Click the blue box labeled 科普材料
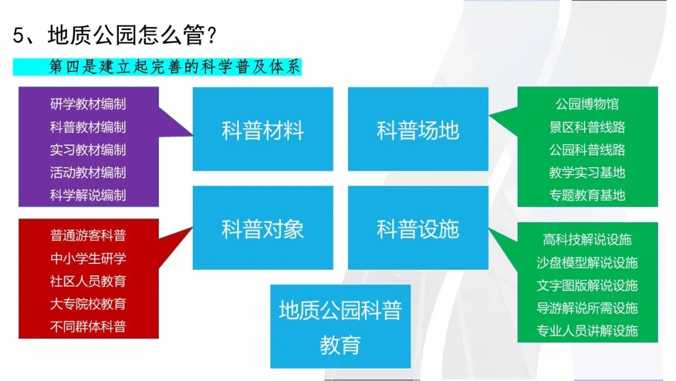pyautogui.click(x=262, y=129)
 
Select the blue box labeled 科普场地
pyautogui.click(x=417, y=129)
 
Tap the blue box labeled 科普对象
pyautogui.click(x=262, y=228)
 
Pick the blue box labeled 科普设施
pyautogui.click(x=417, y=228)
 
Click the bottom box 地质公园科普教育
pyautogui.click(x=340, y=327)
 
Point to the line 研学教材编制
pyautogui.click(x=88, y=104)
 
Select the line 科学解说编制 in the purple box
pyautogui.click(x=88, y=195)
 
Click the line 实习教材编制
pyautogui.click(x=88, y=150)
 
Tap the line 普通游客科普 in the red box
pyautogui.click(x=88, y=235)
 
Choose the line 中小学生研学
pyautogui.click(x=88, y=258)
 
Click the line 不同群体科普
pyautogui.click(x=88, y=327)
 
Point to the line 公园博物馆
pyautogui.click(x=587, y=104)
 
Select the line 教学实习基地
pyautogui.click(x=587, y=173)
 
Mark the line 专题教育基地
pyautogui.click(x=587, y=195)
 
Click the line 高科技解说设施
pyautogui.click(x=587, y=240)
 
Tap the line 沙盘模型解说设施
pyautogui.click(x=587, y=263)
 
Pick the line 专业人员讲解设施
pyautogui.click(x=587, y=330)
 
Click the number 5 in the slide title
pyautogui.click(x=18, y=35)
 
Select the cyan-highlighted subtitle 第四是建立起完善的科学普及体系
pyautogui.click(x=175, y=67)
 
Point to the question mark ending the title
pyautogui.click(x=212, y=35)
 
